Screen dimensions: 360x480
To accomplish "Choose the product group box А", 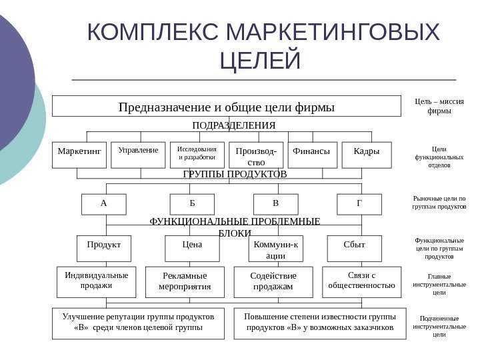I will coord(103,205).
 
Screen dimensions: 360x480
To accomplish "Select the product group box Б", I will coord(192,205).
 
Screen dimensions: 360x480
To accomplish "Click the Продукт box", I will coord(104,248).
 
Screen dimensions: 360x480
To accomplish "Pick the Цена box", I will coord(192,248).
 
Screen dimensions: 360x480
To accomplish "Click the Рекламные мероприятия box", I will coord(186,281).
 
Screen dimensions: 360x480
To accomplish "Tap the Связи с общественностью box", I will coord(362,281).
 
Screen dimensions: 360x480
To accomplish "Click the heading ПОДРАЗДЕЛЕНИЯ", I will coord(233,125).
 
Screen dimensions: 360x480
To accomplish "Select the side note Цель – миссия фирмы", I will coord(438,106).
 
